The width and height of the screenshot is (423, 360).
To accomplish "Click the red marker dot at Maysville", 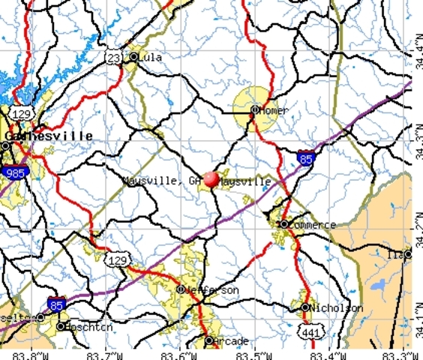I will click(211, 178).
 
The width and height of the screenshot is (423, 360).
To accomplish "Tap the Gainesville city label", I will click(49, 136).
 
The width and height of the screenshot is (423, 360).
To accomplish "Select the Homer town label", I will click(274, 110).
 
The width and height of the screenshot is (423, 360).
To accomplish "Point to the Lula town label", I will click(151, 57).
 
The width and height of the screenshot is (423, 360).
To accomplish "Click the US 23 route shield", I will click(112, 56).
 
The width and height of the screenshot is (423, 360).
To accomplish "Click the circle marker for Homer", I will click(254, 110).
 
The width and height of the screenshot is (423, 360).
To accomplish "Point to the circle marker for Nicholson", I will click(306, 308).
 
